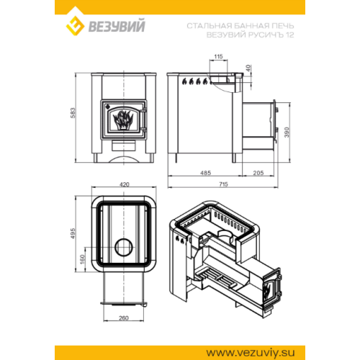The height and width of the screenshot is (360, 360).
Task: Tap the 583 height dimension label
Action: click(73, 113)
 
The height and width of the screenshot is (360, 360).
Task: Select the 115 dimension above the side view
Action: click(218, 57)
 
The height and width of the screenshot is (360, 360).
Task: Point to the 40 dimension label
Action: click(248, 68)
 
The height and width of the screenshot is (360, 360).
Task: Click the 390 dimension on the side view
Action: click(287, 132)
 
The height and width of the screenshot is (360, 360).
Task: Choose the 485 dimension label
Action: click(205, 173)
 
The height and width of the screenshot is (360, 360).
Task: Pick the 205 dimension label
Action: click(258, 173)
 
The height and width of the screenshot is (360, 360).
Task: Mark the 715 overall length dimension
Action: click(223, 184)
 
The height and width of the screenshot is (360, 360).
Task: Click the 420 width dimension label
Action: click(124, 184)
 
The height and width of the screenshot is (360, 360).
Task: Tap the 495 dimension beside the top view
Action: click(73, 233)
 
